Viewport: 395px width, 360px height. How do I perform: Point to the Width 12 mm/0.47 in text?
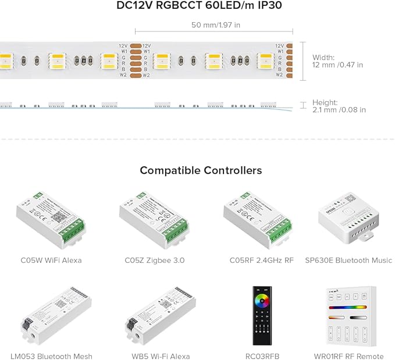point(337,61)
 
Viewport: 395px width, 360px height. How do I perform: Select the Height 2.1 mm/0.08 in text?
point(339,106)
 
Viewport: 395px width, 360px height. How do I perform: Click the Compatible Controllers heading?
point(201,170)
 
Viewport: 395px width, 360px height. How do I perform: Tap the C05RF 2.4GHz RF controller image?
point(258,216)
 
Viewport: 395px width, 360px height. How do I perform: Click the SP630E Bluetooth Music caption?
point(348,261)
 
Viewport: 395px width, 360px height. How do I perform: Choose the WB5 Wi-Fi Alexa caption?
point(157,356)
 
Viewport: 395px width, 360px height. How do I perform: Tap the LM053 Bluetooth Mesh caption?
point(51,356)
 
